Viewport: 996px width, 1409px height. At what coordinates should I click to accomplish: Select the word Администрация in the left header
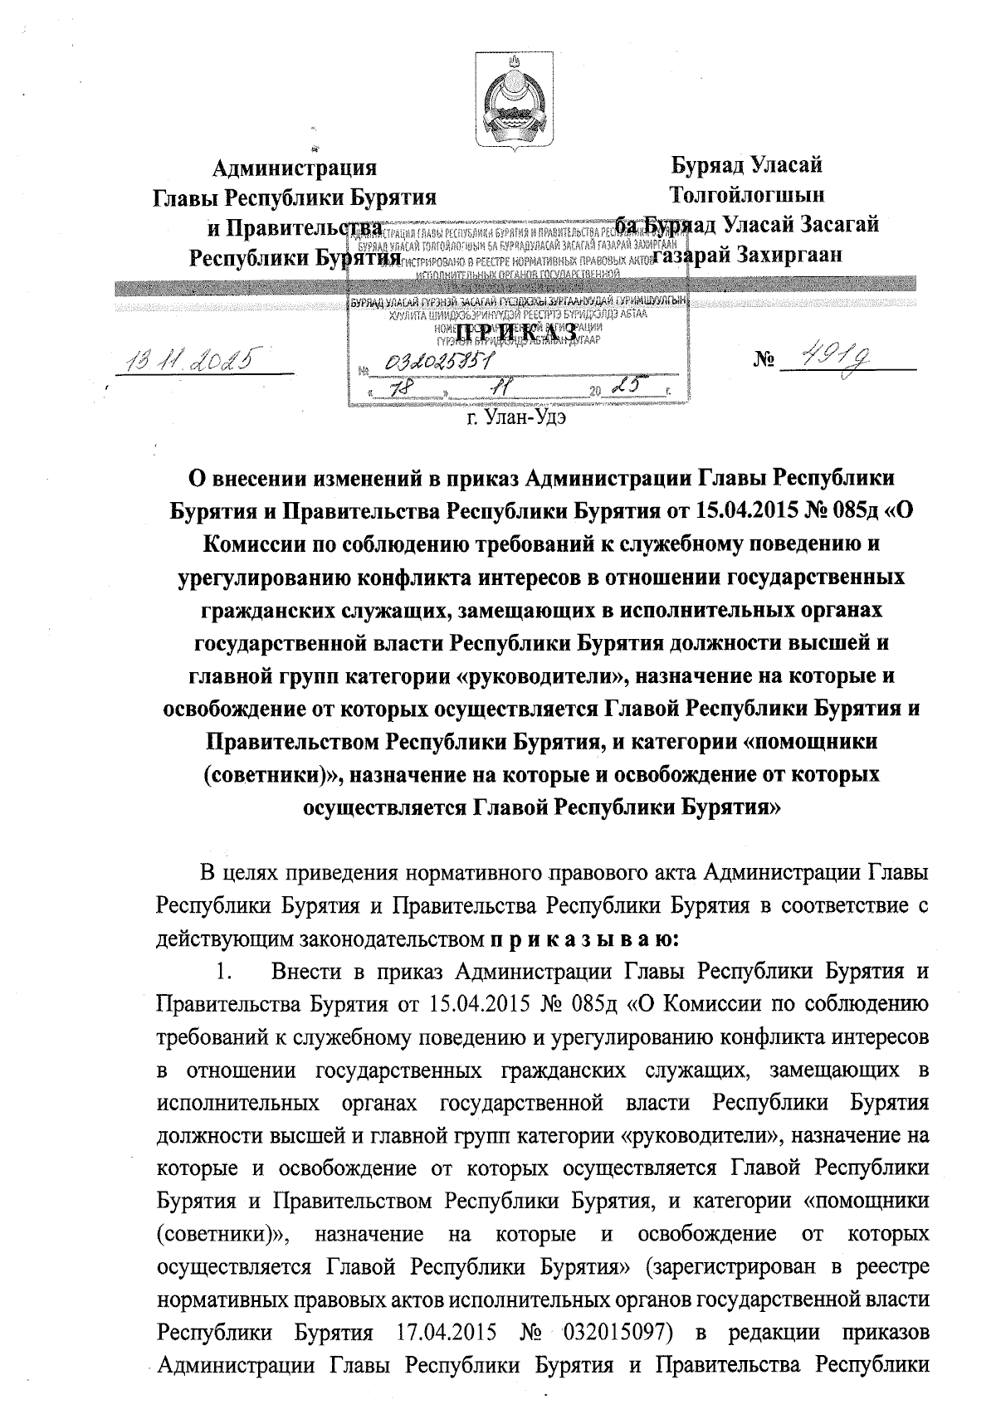coord(295,168)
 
